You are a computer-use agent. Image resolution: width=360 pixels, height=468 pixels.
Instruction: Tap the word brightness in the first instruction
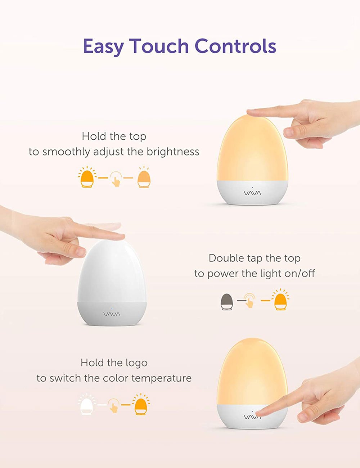[x=173, y=152]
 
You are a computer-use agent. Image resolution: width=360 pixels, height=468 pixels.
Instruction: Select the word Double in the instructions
[x=225, y=258]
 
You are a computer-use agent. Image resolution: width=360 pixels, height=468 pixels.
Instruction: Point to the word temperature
[x=161, y=378]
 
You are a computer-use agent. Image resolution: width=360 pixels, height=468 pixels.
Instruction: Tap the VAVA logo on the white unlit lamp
[x=112, y=315]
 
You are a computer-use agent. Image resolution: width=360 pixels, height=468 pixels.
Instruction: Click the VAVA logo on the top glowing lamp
[x=253, y=193]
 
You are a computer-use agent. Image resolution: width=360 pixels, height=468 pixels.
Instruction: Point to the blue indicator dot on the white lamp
[x=112, y=309]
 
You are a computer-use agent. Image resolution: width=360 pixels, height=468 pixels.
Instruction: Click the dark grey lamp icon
[x=227, y=302]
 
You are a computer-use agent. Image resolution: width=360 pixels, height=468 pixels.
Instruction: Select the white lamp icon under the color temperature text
[x=86, y=404]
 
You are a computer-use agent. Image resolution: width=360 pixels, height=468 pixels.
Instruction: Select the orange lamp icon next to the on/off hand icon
[x=281, y=300]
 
